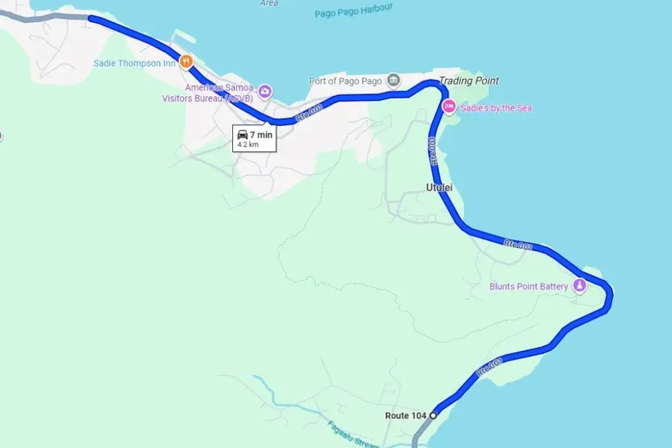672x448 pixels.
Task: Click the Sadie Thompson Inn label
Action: click(134, 63)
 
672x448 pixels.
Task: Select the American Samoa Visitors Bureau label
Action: click(219, 93)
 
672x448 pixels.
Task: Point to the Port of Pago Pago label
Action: click(346, 81)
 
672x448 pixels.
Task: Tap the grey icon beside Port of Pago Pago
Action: click(393, 80)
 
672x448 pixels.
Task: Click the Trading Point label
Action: click(468, 81)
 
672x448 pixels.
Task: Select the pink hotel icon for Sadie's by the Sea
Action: click(449, 107)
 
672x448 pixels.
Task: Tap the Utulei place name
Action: click(439, 187)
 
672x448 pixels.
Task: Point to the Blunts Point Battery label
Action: click(529, 286)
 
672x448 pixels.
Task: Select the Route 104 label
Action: click(405, 415)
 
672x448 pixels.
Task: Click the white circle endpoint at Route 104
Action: click(433, 414)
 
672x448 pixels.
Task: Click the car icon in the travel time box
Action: click(243, 134)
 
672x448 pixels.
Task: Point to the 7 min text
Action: click(261, 134)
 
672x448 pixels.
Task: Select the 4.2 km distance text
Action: click(248, 145)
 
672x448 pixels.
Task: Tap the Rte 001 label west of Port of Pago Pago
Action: click(308, 115)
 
